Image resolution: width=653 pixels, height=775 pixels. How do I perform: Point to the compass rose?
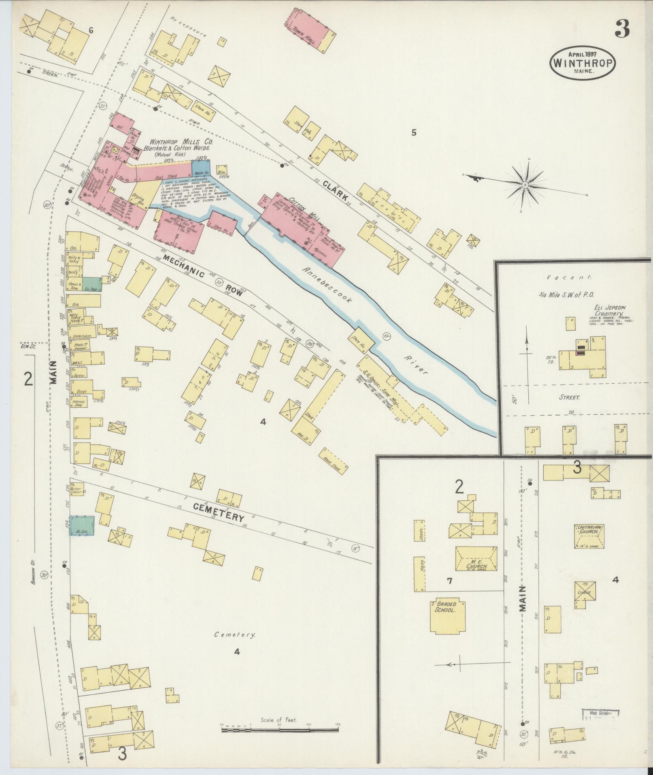click(x=525, y=185)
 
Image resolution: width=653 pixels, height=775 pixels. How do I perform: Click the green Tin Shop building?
click(x=92, y=284)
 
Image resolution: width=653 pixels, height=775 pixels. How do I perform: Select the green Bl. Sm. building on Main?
click(x=82, y=526)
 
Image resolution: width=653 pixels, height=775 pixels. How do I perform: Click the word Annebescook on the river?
click(x=327, y=285)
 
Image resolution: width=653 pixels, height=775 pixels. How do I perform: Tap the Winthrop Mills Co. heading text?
click(x=181, y=142)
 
